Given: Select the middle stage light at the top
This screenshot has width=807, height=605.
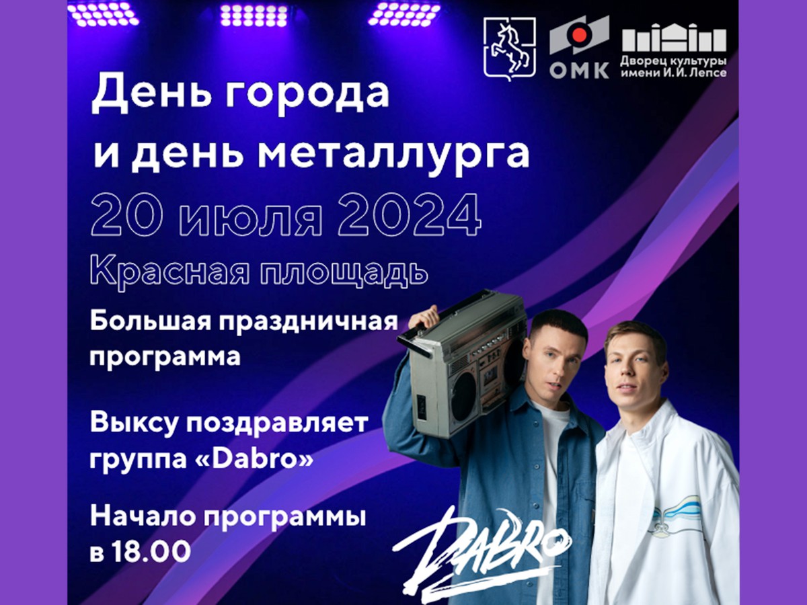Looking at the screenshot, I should [255, 13].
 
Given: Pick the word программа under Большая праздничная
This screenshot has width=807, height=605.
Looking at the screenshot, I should [165, 356].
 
